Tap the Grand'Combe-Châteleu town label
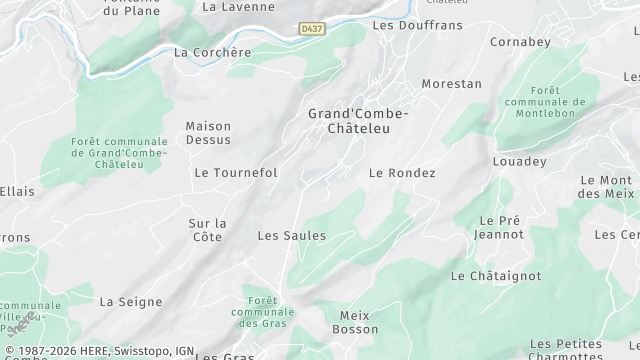(x=358, y=121)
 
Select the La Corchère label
(x=212, y=53)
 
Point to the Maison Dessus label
(x=208, y=133)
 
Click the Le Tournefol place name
(x=235, y=173)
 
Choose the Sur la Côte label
(x=207, y=230)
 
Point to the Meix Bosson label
(x=354, y=322)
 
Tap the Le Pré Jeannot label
(x=501, y=227)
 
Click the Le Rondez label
(x=402, y=173)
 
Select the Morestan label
(x=452, y=84)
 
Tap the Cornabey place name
(x=521, y=42)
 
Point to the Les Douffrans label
(x=410, y=24)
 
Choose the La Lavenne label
(x=238, y=6)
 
